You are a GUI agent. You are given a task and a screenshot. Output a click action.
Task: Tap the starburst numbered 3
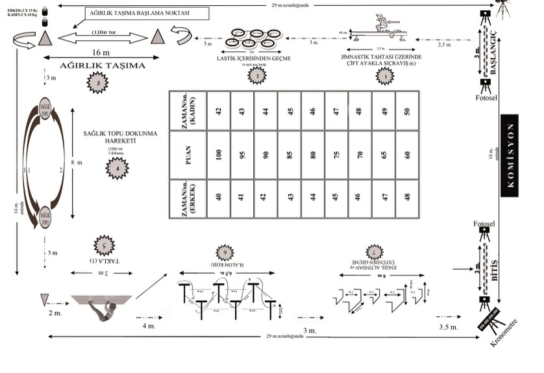pyautogui.click(x=97, y=83)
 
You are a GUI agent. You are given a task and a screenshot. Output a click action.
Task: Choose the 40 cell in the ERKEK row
pyautogui.click(x=219, y=196)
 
